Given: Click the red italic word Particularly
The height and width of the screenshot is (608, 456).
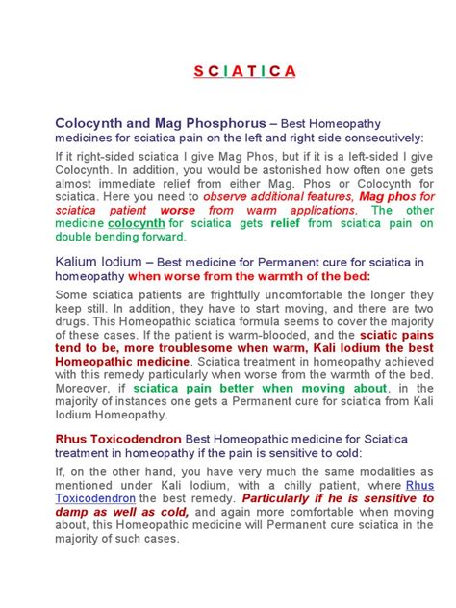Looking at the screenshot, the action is pos(288,499).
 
